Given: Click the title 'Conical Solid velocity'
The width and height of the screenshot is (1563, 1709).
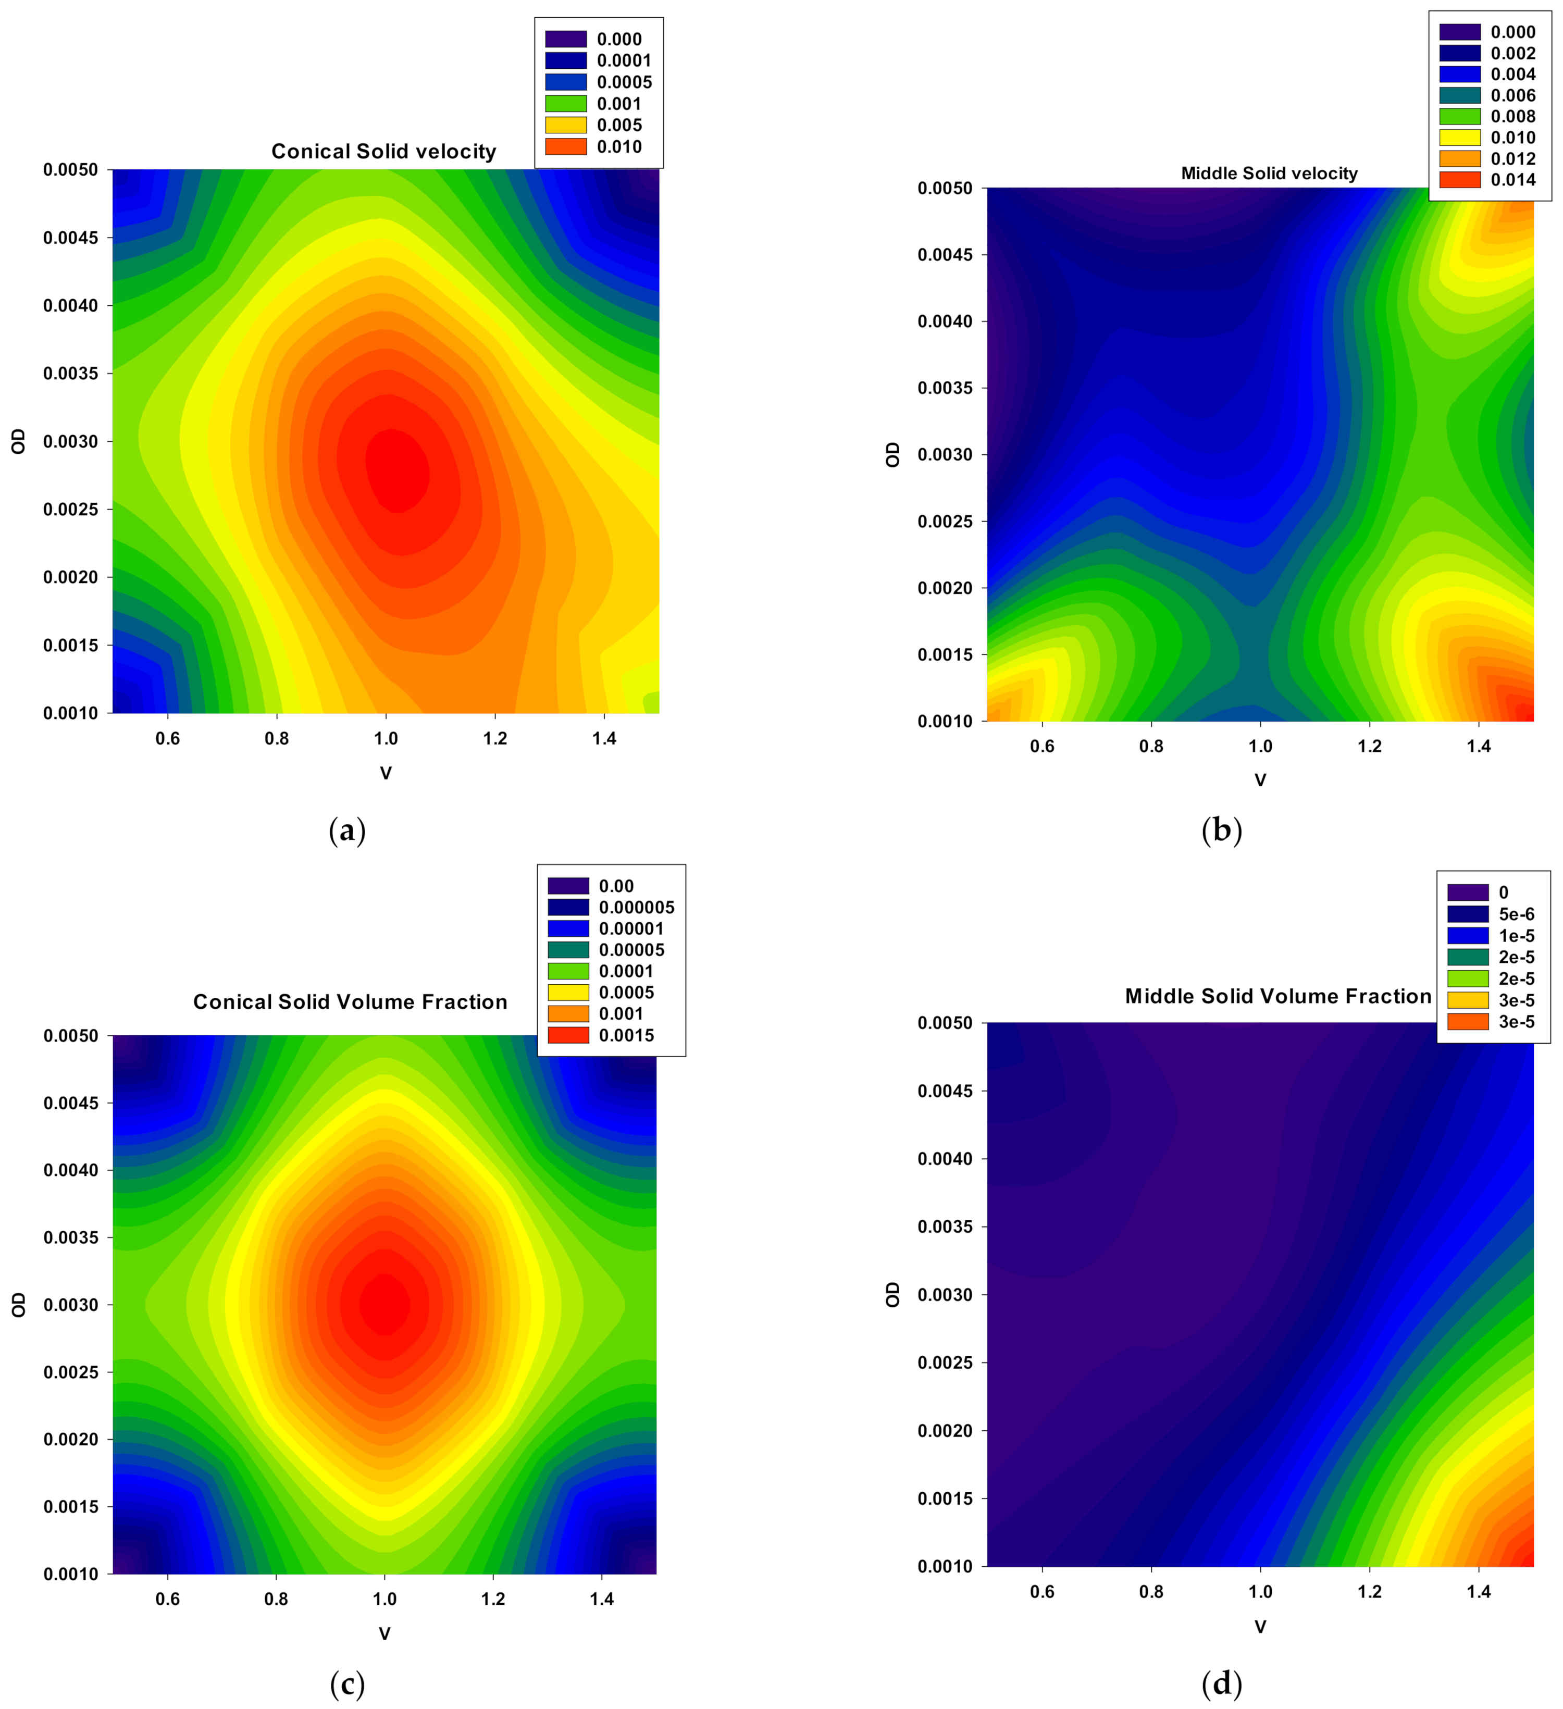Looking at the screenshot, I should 383,152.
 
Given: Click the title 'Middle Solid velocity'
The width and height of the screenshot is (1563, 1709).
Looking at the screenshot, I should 1269,174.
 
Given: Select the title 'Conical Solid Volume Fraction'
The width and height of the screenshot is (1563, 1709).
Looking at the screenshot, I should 350,1002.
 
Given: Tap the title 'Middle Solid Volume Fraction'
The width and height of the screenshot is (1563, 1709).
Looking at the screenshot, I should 1277,996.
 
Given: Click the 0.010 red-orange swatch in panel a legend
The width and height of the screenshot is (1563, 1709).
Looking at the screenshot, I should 565,146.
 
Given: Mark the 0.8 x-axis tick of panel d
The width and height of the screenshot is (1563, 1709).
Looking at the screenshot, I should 1150,1591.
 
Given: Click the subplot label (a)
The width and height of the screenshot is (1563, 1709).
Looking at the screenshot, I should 346,831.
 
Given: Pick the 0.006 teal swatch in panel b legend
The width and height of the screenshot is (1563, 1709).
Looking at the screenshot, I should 1460,95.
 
